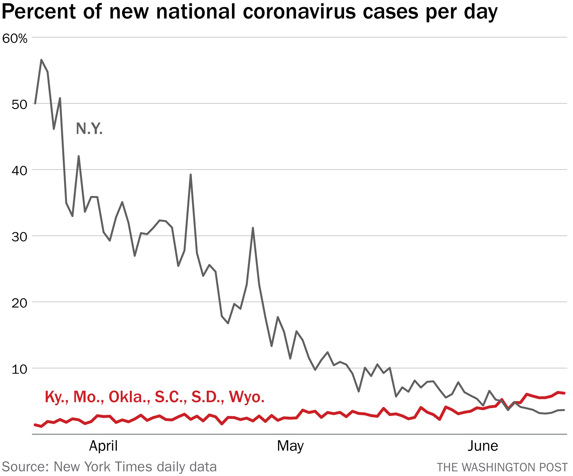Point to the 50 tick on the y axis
pyautogui.click(x=19, y=104)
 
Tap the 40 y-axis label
pyautogui.click(x=19, y=171)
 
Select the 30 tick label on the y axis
pyautogui.click(x=19, y=237)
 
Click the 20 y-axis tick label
pyautogui.click(x=19, y=303)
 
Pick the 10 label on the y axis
pyautogui.click(x=19, y=369)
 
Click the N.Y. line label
pyautogui.click(x=89, y=129)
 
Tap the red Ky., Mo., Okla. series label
pyautogui.click(x=154, y=396)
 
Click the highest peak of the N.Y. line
pyautogui.click(x=41, y=60)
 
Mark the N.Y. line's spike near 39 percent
pyautogui.click(x=190, y=174)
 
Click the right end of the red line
pyautogui.click(x=564, y=393)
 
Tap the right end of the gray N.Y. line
pyautogui.click(x=564, y=410)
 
